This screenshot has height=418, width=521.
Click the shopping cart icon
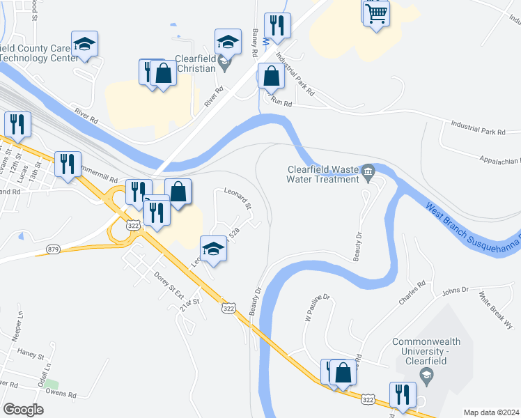point(375,13)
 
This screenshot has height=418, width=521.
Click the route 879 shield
point(54,249)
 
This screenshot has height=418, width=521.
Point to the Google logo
point(23,410)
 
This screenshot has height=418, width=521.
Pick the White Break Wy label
point(495,311)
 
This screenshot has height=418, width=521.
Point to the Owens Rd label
point(62,394)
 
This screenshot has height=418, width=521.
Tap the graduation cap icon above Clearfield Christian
point(227,42)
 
